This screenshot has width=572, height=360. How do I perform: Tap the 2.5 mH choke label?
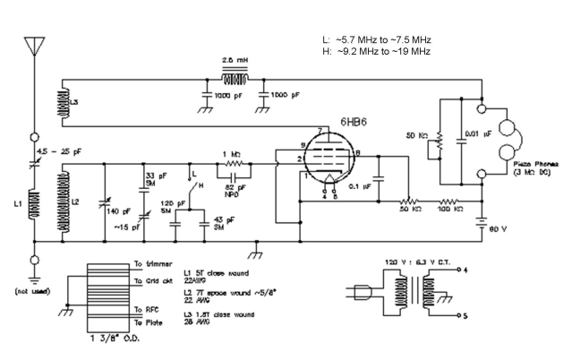coord(235,56)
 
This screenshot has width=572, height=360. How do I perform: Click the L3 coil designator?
coord(73,103)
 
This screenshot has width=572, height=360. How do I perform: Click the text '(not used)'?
coord(33,290)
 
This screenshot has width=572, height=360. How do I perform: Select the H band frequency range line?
coord(377,52)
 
